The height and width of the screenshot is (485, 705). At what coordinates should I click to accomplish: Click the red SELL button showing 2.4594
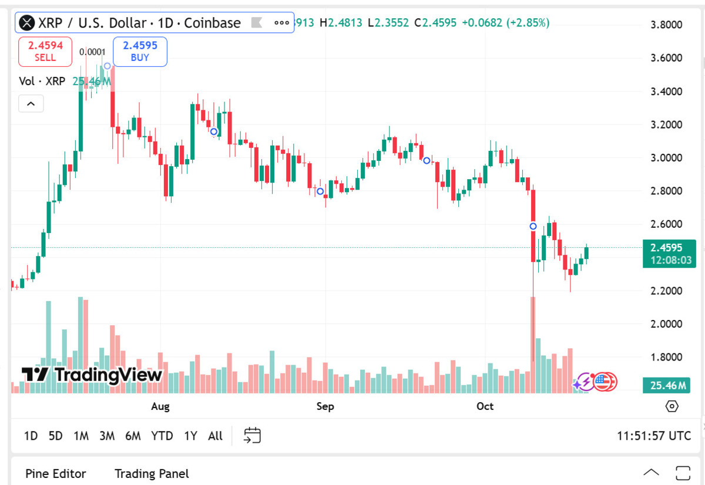(45, 51)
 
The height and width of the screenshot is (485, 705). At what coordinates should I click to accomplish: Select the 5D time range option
(55, 436)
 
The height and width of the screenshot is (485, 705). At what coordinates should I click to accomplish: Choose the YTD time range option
(162, 436)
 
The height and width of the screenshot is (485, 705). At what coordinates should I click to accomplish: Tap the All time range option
(216, 436)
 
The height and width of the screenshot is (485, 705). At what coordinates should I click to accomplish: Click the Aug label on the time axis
(160, 406)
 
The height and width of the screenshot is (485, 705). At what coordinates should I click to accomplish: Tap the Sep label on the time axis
(325, 406)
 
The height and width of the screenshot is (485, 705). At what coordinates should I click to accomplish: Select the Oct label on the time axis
(485, 406)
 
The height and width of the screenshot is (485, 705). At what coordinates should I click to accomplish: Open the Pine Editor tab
(56, 473)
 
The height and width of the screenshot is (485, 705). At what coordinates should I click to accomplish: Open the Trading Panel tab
(152, 473)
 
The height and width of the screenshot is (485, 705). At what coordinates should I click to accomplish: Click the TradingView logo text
(92, 375)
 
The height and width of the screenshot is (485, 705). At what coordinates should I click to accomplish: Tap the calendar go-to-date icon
(252, 435)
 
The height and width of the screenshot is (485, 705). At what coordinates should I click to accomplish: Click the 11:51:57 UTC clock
(654, 436)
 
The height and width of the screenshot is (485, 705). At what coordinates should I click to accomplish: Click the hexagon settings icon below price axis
(672, 406)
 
